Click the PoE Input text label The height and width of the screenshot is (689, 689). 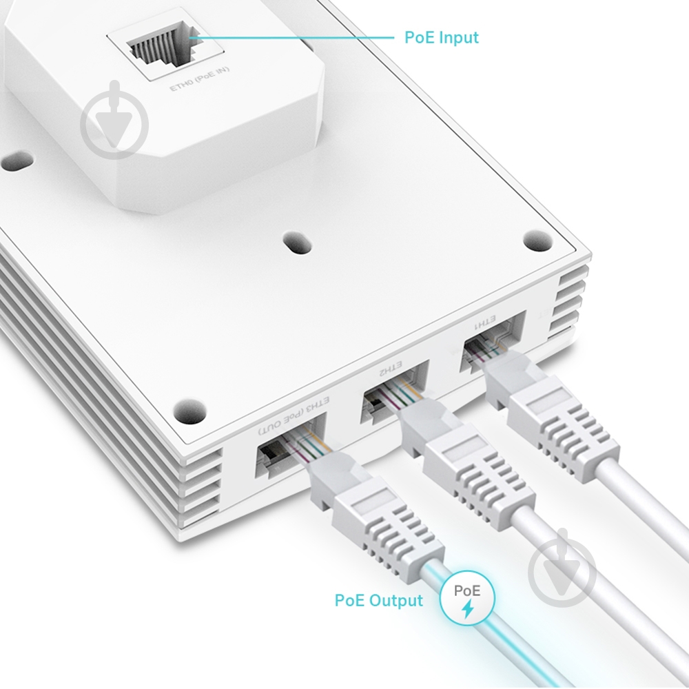point(441,37)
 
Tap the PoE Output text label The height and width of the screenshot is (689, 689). point(378,600)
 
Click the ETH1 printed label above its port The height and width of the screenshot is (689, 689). point(486,322)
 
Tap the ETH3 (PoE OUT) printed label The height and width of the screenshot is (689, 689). point(295,418)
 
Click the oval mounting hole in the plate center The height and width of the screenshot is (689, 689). point(297,243)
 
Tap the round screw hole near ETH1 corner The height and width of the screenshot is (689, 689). point(537,240)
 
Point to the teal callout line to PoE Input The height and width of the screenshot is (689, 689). point(296,37)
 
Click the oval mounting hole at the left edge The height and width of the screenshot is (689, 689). point(17,163)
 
